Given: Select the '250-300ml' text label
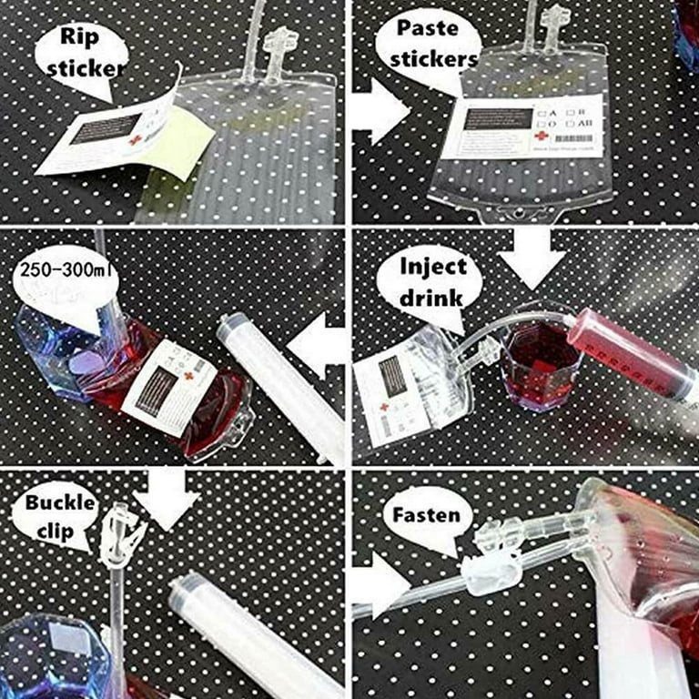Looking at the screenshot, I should click(x=64, y=272).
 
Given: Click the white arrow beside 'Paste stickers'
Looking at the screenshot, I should click(x=379, y=111).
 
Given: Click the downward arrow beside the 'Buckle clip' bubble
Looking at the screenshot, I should click(x=166, y=499).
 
